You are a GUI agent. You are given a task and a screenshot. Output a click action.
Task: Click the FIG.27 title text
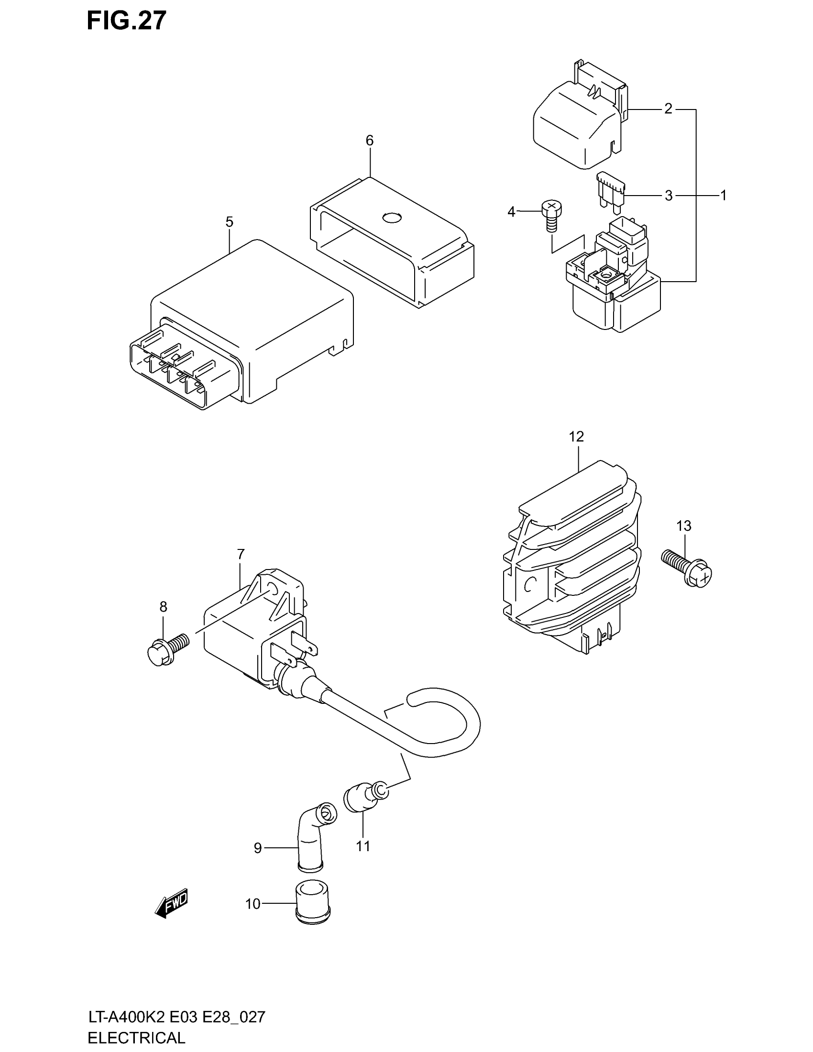point(127,21)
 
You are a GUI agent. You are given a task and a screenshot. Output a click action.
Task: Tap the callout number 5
point(229,222)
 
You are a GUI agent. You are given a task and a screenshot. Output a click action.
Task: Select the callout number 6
point(369,141)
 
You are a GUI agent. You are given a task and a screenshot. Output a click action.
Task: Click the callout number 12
point(576,437)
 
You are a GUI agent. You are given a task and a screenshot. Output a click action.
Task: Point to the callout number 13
point(683,526)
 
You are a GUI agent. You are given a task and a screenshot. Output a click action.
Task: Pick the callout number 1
point(723,195)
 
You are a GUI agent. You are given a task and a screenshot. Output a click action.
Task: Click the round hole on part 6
point(392,218)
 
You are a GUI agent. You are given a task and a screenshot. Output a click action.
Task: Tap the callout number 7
point(241,554)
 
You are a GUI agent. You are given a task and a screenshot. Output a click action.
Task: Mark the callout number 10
point(253,904)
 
